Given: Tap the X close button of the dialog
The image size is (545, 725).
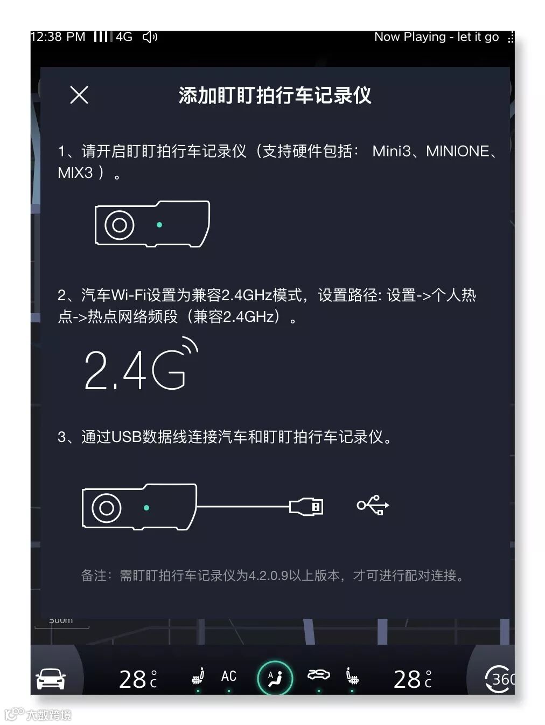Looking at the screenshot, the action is coord(79,95).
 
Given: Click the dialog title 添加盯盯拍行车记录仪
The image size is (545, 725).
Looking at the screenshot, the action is coord(275,95).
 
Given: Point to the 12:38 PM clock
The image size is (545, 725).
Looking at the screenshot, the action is coord(58,37).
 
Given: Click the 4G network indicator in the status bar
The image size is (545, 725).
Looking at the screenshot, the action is coord(124,37).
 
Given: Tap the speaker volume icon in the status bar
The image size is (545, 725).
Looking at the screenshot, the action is coord(150,37).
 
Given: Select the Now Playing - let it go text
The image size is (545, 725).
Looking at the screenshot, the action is coord(436,37).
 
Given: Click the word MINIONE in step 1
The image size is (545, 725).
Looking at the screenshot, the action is coord(458,151).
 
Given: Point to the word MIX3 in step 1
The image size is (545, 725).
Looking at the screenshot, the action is coord(75,172).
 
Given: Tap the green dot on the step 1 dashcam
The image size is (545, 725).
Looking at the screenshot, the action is coord(159,225).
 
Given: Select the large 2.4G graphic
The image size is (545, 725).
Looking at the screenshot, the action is coord(141,364).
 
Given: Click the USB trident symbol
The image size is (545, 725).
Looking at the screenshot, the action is coord(373,505).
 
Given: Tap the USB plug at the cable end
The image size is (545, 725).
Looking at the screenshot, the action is coord(306,506).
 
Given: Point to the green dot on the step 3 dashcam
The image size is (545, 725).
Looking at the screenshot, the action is coord(146,508).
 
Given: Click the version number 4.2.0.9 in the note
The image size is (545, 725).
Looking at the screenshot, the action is coord(268,576).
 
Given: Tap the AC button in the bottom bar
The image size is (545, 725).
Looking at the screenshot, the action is coord(229,676).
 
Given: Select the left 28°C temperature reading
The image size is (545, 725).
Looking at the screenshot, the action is coord(138,679).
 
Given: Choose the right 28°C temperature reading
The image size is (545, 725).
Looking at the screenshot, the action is coord(413,679).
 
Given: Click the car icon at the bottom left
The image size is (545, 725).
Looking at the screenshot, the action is coord(51,679).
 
